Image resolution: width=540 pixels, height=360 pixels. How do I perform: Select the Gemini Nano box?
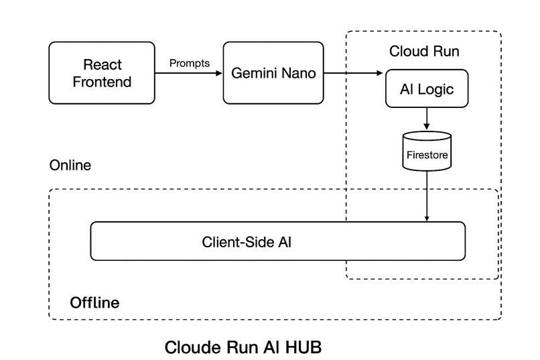pyautogui.click(x=273, y=73)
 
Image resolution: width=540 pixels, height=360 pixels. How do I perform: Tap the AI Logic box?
pyautogui.click(x=426, y=89)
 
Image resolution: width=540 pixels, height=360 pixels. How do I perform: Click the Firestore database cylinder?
pyautogui.click(x=427, y=152)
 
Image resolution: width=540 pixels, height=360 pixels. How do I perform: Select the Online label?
pyautogui.click(x=70, y=165)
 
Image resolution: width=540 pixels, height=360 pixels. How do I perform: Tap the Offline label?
pyautogui.click(x=94, y=303)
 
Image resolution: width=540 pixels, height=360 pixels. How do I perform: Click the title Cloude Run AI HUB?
pyautogui.click(x=243, y=348)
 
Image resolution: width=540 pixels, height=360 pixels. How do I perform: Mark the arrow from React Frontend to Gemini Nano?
pyautogui.click(x=188, y=73)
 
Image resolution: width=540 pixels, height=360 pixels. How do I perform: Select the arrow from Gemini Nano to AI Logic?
pyautogui.click(x=354, y=73)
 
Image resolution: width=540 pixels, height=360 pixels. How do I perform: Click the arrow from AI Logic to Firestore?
pyautogui.click(x=427, y=119)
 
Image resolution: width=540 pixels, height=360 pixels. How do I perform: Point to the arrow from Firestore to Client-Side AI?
pyautogui.click(x=427, y=196)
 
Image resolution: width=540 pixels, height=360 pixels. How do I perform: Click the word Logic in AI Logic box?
pyautogui.click(x=435, y=89)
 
